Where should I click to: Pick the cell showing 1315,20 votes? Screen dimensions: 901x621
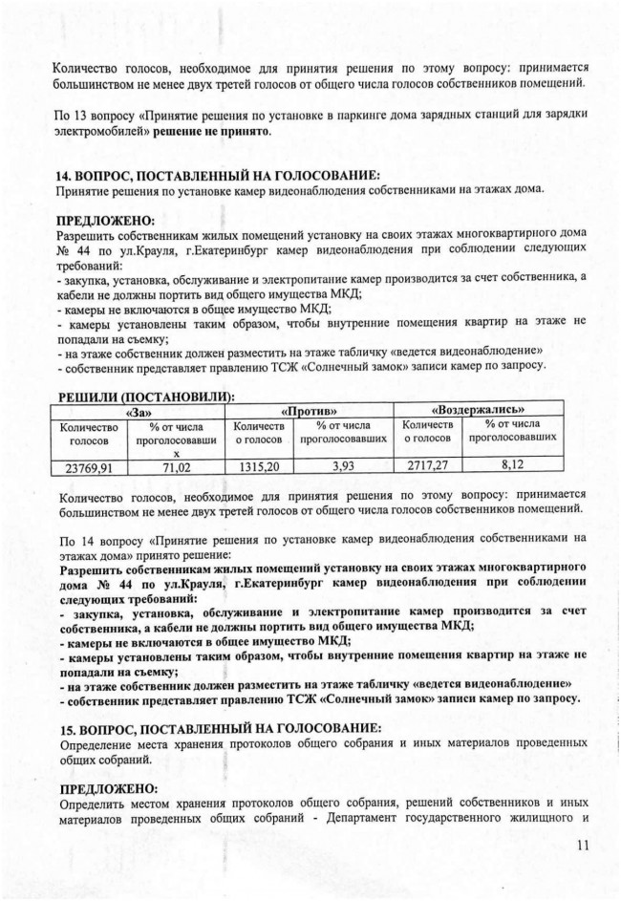coord(260,468)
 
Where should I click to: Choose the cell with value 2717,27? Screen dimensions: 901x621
coord(427,467)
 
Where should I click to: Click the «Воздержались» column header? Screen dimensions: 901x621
coord(492,410)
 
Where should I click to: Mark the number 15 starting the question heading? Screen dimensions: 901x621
coord(67,728)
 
